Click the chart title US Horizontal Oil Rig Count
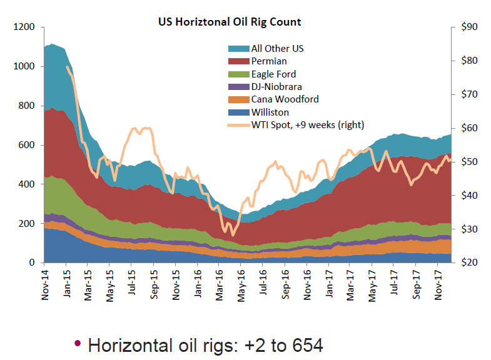pos(229,22)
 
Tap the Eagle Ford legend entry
pos(273,74)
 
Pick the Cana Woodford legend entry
pos(285,99)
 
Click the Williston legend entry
pos(270,112)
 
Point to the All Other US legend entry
pos(277,48)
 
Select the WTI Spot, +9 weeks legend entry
pos(307,125)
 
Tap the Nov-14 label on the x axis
pos(45,285)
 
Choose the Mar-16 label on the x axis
pos(220,285)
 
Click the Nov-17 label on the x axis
pos(438,285)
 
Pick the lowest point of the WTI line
pos(233,235)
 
